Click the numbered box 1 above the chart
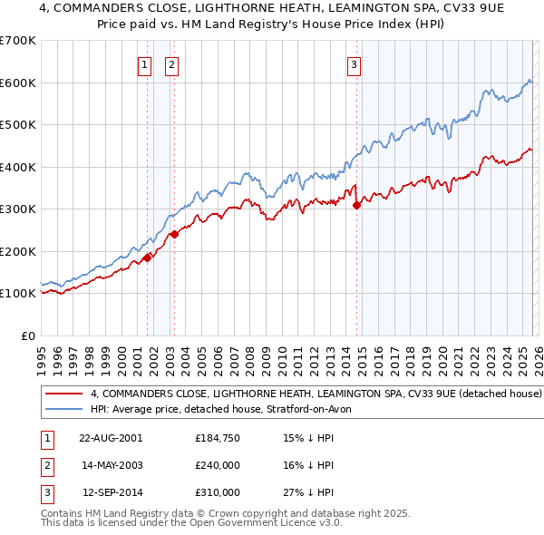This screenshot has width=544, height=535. click(144, 64)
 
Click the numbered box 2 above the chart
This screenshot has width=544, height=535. click(171, 64)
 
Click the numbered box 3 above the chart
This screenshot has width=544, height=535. click(354, 64)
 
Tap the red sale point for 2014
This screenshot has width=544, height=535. click(356, 206)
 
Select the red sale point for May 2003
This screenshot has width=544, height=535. click(174, 235)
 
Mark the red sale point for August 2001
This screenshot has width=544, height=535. click(147, 258)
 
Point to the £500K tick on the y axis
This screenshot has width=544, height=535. click(18, 125)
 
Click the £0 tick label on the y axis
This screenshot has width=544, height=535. click(27, 336)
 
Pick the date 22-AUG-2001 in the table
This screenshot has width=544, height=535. click(111, 438)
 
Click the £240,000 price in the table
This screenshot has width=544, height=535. click(218, 465)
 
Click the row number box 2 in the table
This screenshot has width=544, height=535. click(46, 465)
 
